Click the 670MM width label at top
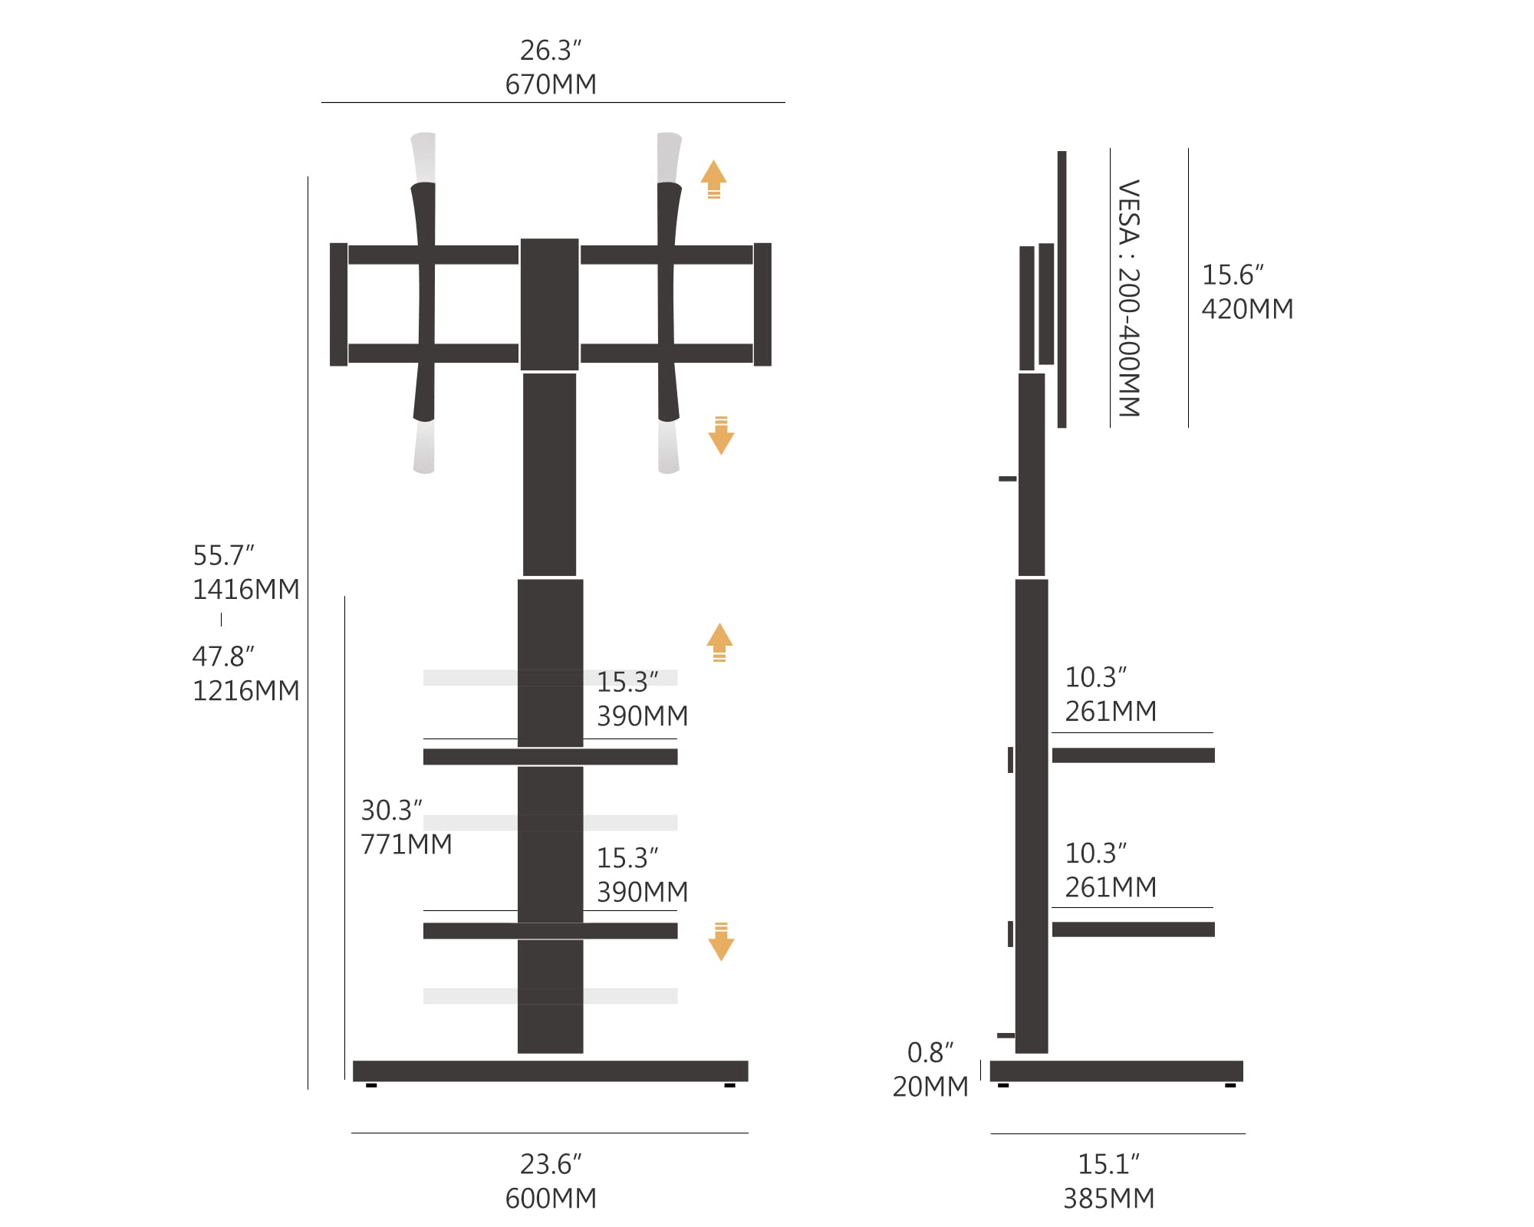point(551,84)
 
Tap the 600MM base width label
point(551,1198)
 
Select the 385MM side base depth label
point(1109,1198)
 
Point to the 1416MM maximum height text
point(246,589)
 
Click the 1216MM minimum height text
point(246,690)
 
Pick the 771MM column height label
point(407,844)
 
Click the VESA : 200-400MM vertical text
point(1129,298)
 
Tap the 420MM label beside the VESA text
point(1247,308)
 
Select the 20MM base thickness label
point(930,1086)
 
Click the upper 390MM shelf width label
point(643,715)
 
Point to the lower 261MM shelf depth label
point(1111,887)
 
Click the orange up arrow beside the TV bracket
point(713,179)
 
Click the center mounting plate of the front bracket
point(549,304)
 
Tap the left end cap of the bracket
point(338,304)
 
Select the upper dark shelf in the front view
point(550,757)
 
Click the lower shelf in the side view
point(1133,929)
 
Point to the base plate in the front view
point(550,1071)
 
